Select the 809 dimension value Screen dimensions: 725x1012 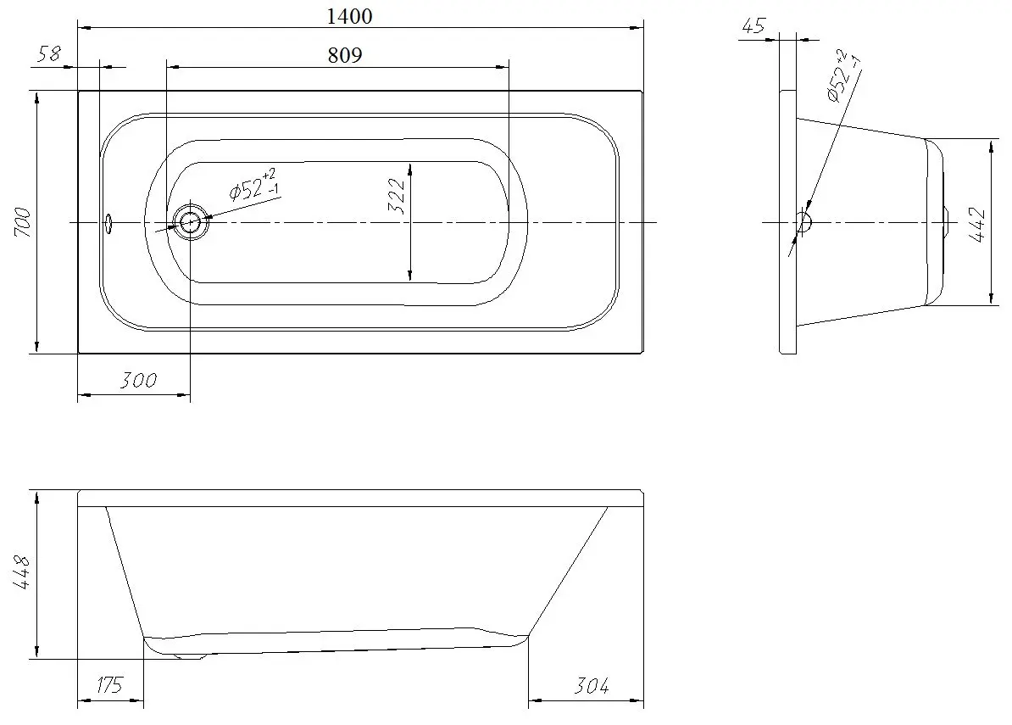click(344, 56)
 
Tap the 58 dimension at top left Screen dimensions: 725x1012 click(50, 55)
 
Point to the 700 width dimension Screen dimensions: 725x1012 click(23, 222)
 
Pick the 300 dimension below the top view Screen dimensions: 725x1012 click(138, 380)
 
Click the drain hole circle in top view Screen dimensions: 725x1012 click(189, 223)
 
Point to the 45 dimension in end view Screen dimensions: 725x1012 click(753, 26)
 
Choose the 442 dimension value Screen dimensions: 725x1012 click(977, 225)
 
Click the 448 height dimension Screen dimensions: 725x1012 click(23, 574)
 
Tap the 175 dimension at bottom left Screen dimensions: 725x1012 click(110, 686)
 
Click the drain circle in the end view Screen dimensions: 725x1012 click(801, 222)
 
